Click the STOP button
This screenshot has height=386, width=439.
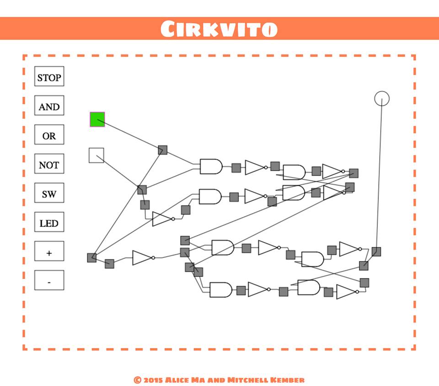click(49, 77)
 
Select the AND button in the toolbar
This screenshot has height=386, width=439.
click(49, 106)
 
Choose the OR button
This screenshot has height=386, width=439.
click(49, 135)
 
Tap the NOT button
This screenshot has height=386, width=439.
click(49, 164)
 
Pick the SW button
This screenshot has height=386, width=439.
click(49, 193)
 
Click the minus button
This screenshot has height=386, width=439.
click(49, 280)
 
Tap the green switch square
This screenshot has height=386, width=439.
click(97, 119)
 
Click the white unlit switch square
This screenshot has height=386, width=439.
click(96, 155)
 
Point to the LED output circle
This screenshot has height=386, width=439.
click(381, 98)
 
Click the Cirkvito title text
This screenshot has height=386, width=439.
click(219, 29)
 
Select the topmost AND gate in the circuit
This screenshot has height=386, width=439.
click(211, 166)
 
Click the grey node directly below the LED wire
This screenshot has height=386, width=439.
click(376, 252)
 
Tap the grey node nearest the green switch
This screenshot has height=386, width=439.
click(162, 150)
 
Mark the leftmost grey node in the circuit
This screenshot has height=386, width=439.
click(91, 257)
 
